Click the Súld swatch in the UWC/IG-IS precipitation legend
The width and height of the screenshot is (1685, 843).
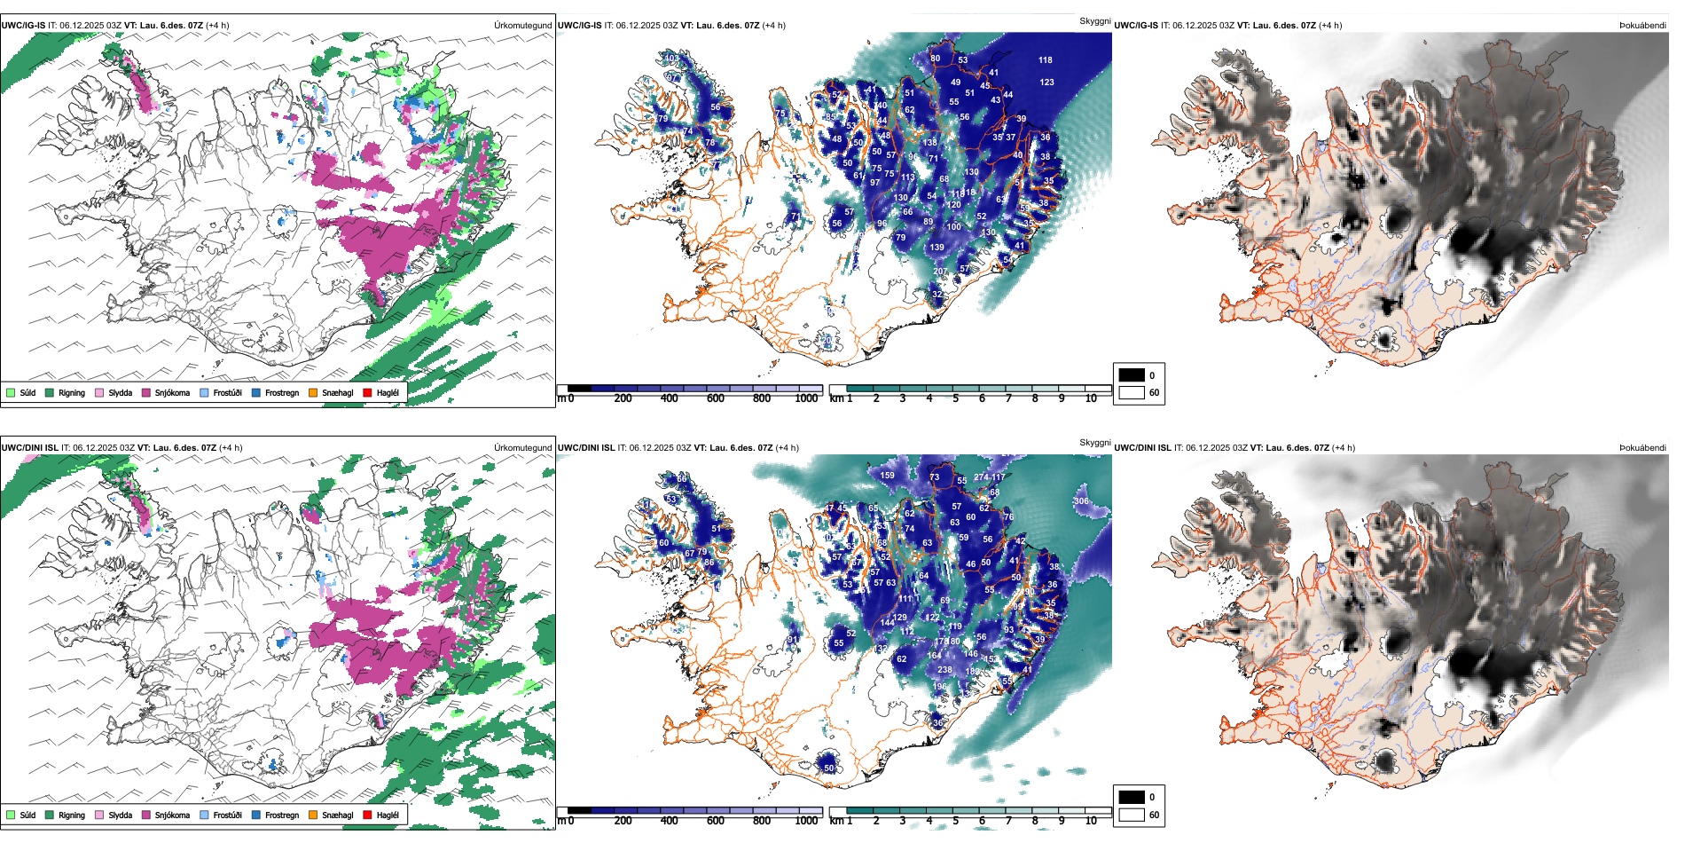(11, 392)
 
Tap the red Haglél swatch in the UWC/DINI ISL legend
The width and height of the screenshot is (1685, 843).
(366, 815)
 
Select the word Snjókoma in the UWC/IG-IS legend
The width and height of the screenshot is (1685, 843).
(172, 392)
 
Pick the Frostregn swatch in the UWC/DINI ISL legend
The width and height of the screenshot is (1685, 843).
(256, 815)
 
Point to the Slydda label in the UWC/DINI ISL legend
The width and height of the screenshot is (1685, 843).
(121, 815)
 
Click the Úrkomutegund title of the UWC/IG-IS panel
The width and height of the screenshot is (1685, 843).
(522, 25)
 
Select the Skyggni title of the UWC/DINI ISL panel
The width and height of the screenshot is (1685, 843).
(1095, 442)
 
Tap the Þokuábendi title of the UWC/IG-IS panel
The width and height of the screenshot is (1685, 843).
(1642, 25)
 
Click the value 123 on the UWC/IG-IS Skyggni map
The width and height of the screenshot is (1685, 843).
(1047, 82)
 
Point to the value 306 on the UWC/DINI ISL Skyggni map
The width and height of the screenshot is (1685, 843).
(1081, 501)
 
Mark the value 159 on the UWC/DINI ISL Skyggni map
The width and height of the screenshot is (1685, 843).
(887, 476)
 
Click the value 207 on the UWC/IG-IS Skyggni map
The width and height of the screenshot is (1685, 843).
(940, 271)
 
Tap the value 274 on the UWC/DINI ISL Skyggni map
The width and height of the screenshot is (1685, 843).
(981, 477)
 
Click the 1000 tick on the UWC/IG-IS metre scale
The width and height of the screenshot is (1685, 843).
(806, 398)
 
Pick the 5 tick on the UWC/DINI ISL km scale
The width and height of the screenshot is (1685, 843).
(955, 821)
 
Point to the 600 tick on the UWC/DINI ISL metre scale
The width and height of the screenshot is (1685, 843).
(716, 821)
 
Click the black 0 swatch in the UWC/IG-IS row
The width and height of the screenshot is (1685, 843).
(1132, 374)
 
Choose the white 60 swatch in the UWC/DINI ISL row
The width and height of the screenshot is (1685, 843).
(1132, 815)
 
